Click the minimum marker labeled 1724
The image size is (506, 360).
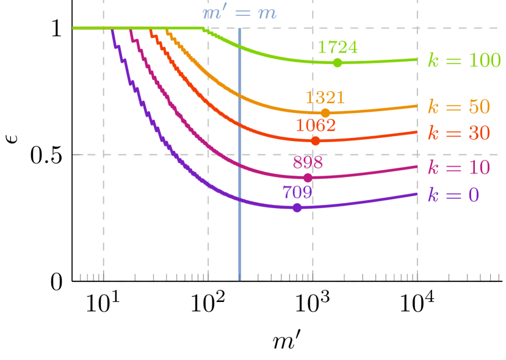(x=338, y=63)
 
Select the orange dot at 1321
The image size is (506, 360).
(x=325, y=113)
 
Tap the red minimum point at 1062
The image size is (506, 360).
(x=315, y=141)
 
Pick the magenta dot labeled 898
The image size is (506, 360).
(x=308, y=178)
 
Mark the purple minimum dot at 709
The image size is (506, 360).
(x=297, y=207)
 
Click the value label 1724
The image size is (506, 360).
(x=338, y=47)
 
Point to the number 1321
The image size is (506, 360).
(x=325, y=98)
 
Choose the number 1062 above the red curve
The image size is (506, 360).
(x=316, y=126)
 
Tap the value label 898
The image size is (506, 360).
(x=308, y=162)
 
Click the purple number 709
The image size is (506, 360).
(x=297, y=192)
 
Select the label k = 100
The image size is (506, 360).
(x=464, y=60)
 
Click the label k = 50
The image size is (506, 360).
(x=458, y=107)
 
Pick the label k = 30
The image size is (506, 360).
(x=458, y=133)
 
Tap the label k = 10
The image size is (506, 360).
(x=458, y=168)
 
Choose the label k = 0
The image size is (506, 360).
(x=453, y=195)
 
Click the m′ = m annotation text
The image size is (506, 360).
(x=239, y=13)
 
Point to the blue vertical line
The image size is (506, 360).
(x=240, y=244)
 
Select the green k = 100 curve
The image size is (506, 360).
(x=275, y=54)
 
